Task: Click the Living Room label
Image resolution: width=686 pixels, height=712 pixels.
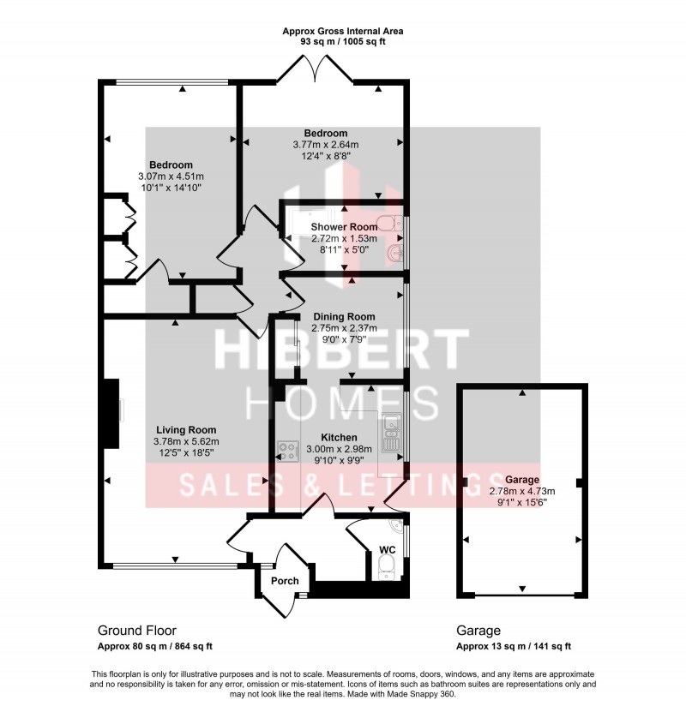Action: click(185, 430)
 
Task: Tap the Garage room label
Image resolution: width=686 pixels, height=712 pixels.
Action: click(522, 480)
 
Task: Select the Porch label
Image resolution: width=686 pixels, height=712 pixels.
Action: click(285, 581)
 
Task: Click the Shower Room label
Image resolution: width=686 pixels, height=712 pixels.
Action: click(344, 227)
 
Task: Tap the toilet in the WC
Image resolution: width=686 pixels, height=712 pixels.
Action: click(387, 565)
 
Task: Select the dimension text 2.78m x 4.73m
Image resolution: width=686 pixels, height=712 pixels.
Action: click(522, 492)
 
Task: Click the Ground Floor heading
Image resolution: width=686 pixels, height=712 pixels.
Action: click(137, 631)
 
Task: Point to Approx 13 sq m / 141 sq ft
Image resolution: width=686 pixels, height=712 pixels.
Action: click(513, 647)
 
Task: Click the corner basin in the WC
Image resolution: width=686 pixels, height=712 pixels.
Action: click(395, 527)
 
